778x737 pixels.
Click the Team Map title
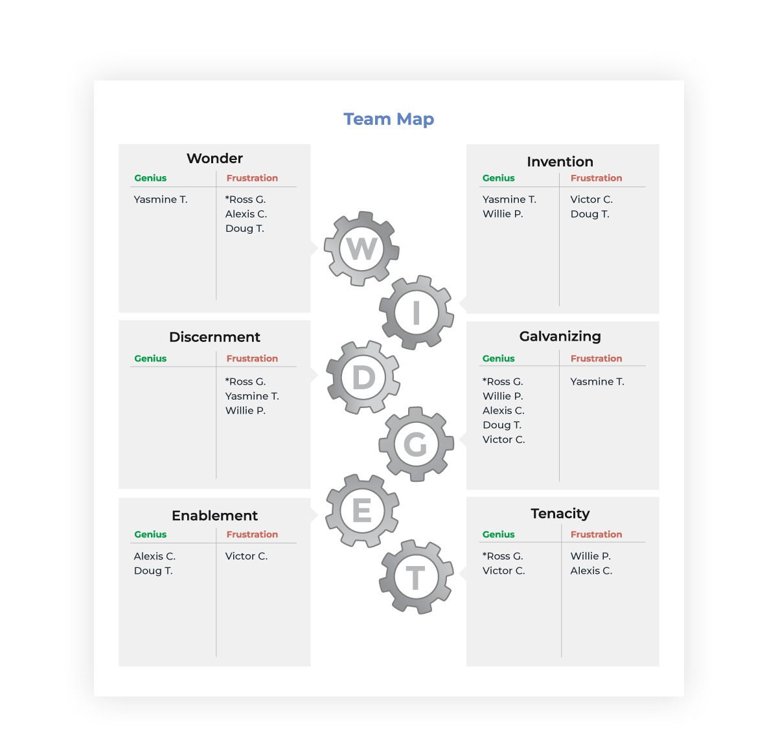pyautogui.click(x=389, y=119)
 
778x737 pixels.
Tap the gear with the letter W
pyautogui.click(x=361, y=249)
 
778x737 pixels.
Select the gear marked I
pyautogui.click(x=417, y=313)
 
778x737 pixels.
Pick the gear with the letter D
pyautogui.click(x=363, y=378)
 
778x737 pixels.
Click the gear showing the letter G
pyautogui.click(x=416, y=444)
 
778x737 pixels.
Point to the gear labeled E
pyautogui.click(x=361, y=511)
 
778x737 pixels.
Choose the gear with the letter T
pyautogui.click(x=416, y=577)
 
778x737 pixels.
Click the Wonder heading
pyautogui.click(x=214, y=159)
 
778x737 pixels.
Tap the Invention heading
pyautogui.click(x=560, y=162)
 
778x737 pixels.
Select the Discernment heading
pyautogui.click(x=214, y=337)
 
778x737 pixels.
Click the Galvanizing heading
pyautogui.click(x=560, y=337)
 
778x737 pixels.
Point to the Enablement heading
pyautogui.click(x=214, y=516)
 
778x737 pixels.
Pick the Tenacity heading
pyautogui.click(x=560, y=514)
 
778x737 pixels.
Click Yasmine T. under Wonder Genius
pyautogui.click(x=161, y=199)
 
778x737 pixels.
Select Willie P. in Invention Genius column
pyautogui.click(x=503, y=214)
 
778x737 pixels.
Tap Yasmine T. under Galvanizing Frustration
pyautogui.click(x=597, y=382)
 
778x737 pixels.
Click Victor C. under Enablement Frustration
pyautogui.click(x=246, y=556)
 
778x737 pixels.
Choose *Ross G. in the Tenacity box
pyautogui.click(x=503, y=556)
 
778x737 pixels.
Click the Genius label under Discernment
pyautogui.click(x=150, y=359)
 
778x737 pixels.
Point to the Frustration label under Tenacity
pyautogui.click(x=596, y=534)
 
